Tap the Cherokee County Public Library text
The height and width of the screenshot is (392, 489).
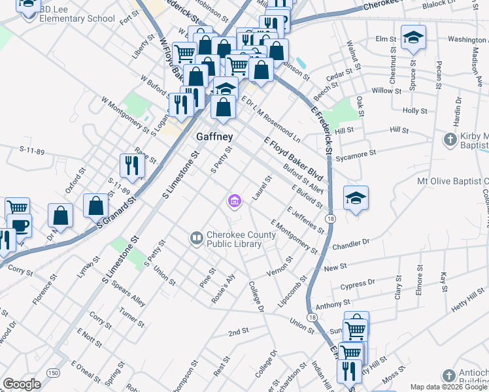click(x=234, y=240)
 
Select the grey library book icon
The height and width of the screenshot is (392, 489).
click(x=196, y=239)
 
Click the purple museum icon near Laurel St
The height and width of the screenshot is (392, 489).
click(x=234, y=202)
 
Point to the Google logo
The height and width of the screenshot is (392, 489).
click(x=22, y=384)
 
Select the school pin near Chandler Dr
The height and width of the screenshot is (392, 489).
click(x=356, y=199)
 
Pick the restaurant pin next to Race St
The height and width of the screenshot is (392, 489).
click(x=133, y=166)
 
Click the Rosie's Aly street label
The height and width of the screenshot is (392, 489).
click(x=223, y=288)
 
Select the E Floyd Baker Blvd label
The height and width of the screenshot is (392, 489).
click(x=294, y=159)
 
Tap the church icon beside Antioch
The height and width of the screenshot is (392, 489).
click(x=448, y=376)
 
